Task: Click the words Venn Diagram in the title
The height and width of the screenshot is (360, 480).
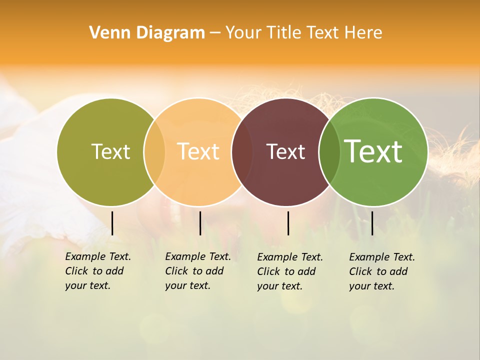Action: coord(147,33)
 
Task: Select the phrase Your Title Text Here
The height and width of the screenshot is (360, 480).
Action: coord(303,33)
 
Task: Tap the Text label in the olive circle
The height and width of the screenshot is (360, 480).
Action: coord(110,151)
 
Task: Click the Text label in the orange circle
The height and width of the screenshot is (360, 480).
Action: coord(198,151)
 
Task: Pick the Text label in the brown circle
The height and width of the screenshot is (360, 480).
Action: coord(285,152)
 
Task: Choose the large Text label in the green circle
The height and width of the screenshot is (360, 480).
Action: coord(373,151)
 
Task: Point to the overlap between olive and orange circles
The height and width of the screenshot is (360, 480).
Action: coord(154,152)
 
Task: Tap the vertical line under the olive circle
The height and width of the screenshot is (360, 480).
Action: coord(112,223)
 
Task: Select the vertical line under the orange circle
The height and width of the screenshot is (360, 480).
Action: coord(200,223)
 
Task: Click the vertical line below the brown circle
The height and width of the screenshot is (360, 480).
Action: coord(288,223)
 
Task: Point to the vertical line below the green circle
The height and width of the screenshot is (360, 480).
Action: coord(372,223)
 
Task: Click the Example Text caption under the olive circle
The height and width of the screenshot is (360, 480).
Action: coord(98,271)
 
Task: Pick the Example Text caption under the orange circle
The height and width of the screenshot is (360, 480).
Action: coord(198,271)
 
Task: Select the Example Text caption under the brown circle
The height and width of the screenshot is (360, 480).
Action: coord(290,271)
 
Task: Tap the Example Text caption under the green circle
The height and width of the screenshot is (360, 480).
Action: coord(382,271)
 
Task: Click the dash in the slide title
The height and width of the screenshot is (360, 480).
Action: coord(215,33)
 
